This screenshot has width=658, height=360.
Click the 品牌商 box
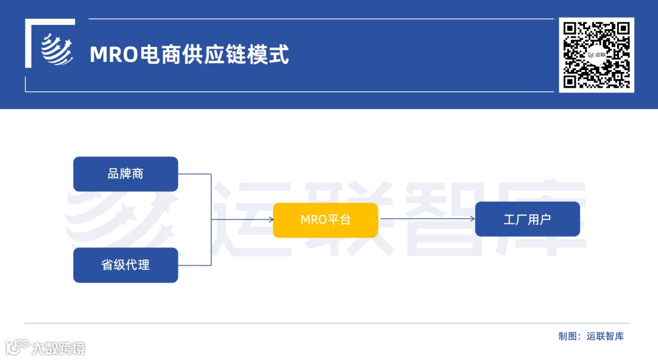click(x=126, y=174)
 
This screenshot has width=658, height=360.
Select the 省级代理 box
click(x=126, y=265)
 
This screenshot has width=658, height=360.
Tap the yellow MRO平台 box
click(x=325, y=219)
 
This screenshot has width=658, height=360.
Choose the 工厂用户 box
click(x=527, y=219)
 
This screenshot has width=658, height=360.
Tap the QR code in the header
click(x=596, y=55)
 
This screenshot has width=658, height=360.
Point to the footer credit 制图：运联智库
click(x=591, y=336)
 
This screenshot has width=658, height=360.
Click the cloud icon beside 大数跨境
click(x=17, y=347)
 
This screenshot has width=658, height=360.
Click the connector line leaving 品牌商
click(x=195, y=174)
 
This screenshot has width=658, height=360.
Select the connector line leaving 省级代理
click(x=195, y=265)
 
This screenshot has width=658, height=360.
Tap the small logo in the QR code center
click(x=596, y=55)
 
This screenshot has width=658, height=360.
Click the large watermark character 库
click(x=548, y=216)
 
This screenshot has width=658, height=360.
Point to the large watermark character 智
click(x=451, y=216)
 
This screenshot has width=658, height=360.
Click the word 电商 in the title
click(x=160, y=55)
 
